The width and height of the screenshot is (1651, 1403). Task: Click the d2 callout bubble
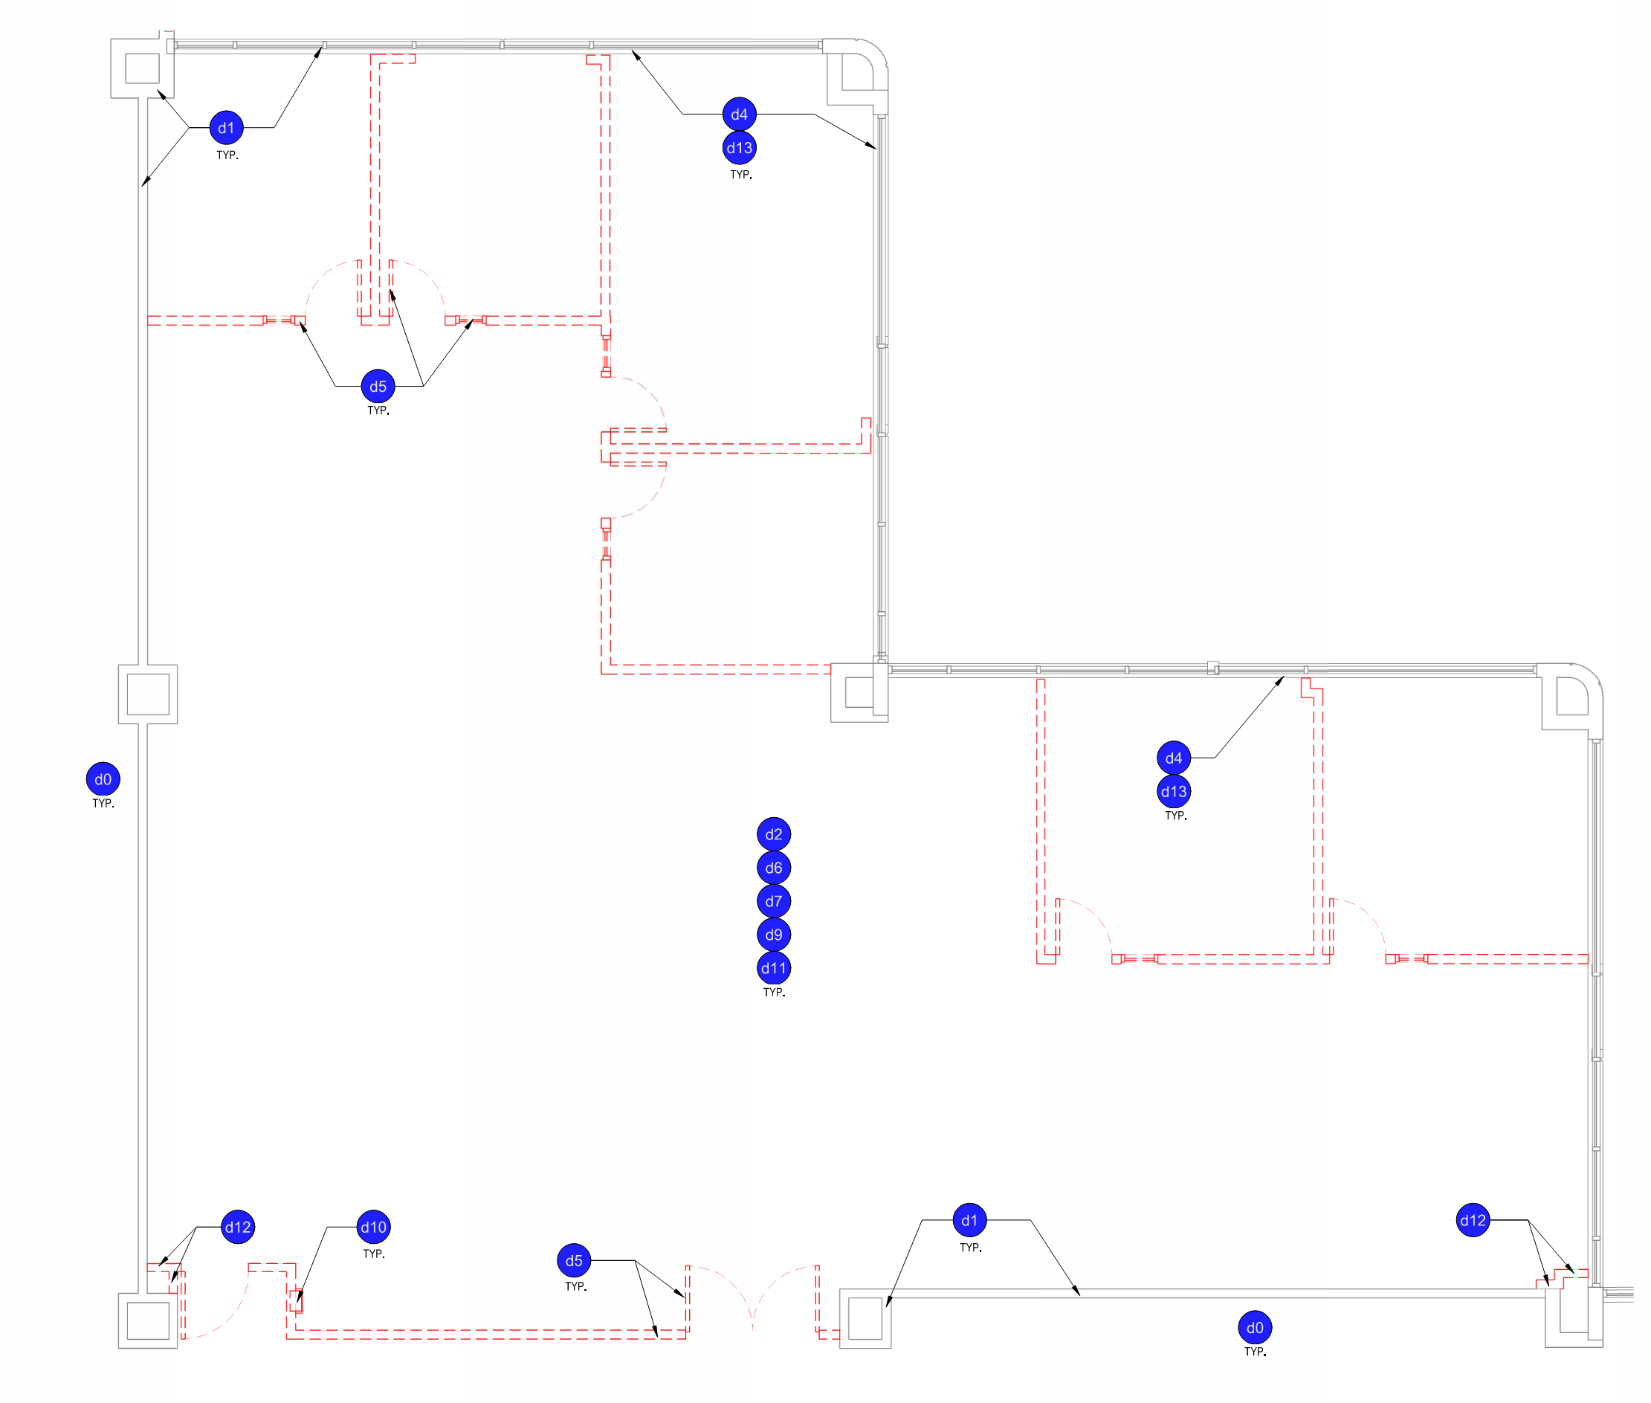[773, 834]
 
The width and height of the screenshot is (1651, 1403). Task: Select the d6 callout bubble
[773, 868]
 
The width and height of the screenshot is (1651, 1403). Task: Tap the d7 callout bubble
[773, 901]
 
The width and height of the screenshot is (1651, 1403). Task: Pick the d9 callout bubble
[773, 935]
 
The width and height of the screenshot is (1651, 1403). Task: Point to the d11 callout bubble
[773, 968]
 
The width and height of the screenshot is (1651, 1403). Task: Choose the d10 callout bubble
[373, 1228]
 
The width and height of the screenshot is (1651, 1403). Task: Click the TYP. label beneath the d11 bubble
[774, 993]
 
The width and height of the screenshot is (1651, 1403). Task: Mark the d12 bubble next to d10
[238, 1228]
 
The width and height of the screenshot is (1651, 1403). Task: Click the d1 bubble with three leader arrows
[227, 128]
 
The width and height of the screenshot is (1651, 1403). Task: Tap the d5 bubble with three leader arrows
[378, 387]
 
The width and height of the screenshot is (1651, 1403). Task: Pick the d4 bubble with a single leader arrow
[1173, 758]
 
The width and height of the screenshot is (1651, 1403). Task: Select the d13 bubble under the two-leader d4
[739, 148]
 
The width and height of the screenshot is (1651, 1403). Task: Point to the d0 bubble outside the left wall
[103, 779]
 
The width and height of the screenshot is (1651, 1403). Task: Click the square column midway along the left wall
[148, 694]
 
